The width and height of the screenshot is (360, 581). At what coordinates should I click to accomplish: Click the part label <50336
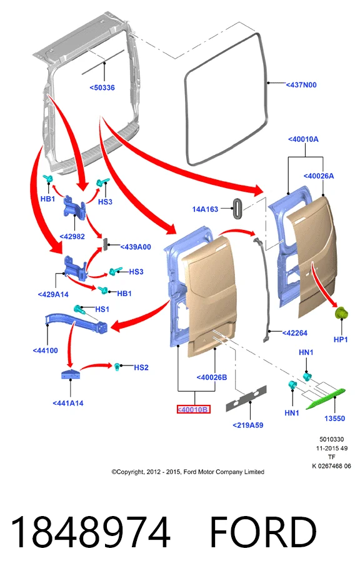[102, 87]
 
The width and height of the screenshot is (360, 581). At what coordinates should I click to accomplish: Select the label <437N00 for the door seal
[301, 85]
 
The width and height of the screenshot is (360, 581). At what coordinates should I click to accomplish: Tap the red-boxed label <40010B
[193, 409]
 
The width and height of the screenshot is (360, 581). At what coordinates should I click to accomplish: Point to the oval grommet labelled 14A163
[237, 209]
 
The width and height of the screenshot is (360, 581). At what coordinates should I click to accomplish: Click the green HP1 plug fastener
[341, 314]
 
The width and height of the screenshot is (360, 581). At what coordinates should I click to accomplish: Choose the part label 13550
[334, 419]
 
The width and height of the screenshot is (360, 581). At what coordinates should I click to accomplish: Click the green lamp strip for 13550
[326, 399]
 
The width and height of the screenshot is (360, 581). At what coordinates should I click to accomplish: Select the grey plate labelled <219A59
[246, 399]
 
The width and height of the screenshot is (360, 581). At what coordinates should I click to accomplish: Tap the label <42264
[295, 333]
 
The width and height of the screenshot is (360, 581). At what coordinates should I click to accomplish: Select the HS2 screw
[118, 367]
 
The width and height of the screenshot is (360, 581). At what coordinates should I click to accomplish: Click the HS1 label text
[102, 309]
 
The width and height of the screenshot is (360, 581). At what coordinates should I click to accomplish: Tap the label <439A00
[136, 247]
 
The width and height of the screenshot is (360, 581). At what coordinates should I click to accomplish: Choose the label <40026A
[319, 176]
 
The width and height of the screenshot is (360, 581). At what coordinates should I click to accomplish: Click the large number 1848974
[91, 532]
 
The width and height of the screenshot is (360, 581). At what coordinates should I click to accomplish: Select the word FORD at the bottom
[263, 532]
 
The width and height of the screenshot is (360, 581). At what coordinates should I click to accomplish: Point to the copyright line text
[188, 472]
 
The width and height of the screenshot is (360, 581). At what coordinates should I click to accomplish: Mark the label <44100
[45, 350]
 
